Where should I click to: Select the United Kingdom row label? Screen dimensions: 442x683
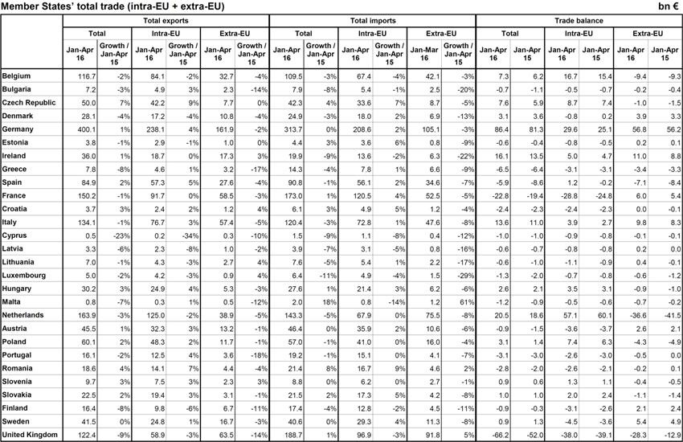pos(30,434)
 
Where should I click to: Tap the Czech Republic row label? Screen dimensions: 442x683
pos(28,103)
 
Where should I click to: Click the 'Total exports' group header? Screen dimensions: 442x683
pos(165,20)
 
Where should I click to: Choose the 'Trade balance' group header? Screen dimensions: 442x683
pos(579,20)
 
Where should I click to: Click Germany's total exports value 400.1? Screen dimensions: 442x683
pos(84,127)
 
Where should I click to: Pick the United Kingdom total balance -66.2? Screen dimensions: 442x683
pos(497,434)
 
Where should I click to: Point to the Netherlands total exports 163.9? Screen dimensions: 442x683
pos(84,315)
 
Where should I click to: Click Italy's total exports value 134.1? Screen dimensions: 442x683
pos(84,221)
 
